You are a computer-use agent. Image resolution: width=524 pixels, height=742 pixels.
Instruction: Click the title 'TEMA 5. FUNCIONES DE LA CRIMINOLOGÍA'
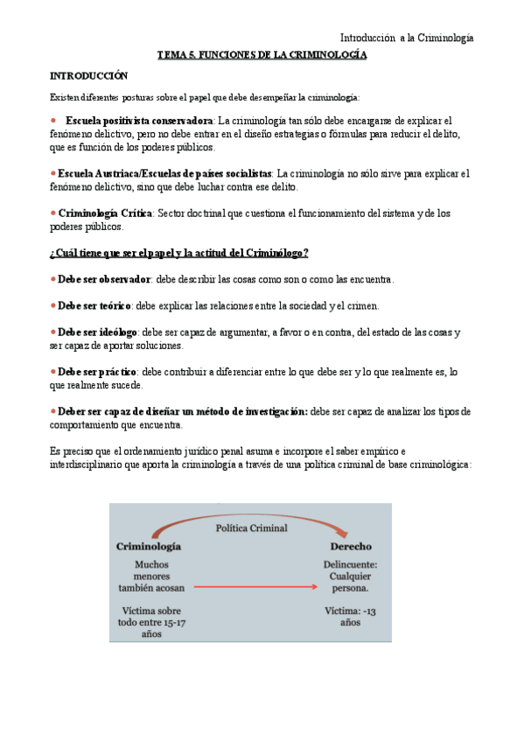(x=262, y=55)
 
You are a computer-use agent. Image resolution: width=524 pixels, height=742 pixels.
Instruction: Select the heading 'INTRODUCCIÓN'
(x=88, y=76)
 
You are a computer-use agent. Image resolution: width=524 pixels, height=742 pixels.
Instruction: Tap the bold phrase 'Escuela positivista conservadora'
(x=139, y=120)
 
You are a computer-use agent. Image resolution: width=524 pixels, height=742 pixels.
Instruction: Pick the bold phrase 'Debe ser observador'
(x=103, y=279)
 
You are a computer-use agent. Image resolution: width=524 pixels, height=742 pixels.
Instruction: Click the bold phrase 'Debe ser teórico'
(x=94, y=306)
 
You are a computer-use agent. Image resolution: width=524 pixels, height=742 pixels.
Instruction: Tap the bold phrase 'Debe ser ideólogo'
(x=97, y=332)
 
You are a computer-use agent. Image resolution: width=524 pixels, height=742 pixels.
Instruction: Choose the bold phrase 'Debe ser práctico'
(x=96, y=372)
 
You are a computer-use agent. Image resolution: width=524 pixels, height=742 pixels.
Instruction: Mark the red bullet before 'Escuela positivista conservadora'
(x=54, y=120)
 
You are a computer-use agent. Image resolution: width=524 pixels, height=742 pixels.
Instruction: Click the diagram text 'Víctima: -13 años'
(x=349, y=616)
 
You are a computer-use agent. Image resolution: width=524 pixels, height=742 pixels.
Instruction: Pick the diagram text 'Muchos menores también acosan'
(x=152, y=576)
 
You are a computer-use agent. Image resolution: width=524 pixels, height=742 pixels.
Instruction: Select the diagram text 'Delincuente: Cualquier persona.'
(x=350, y=576)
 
